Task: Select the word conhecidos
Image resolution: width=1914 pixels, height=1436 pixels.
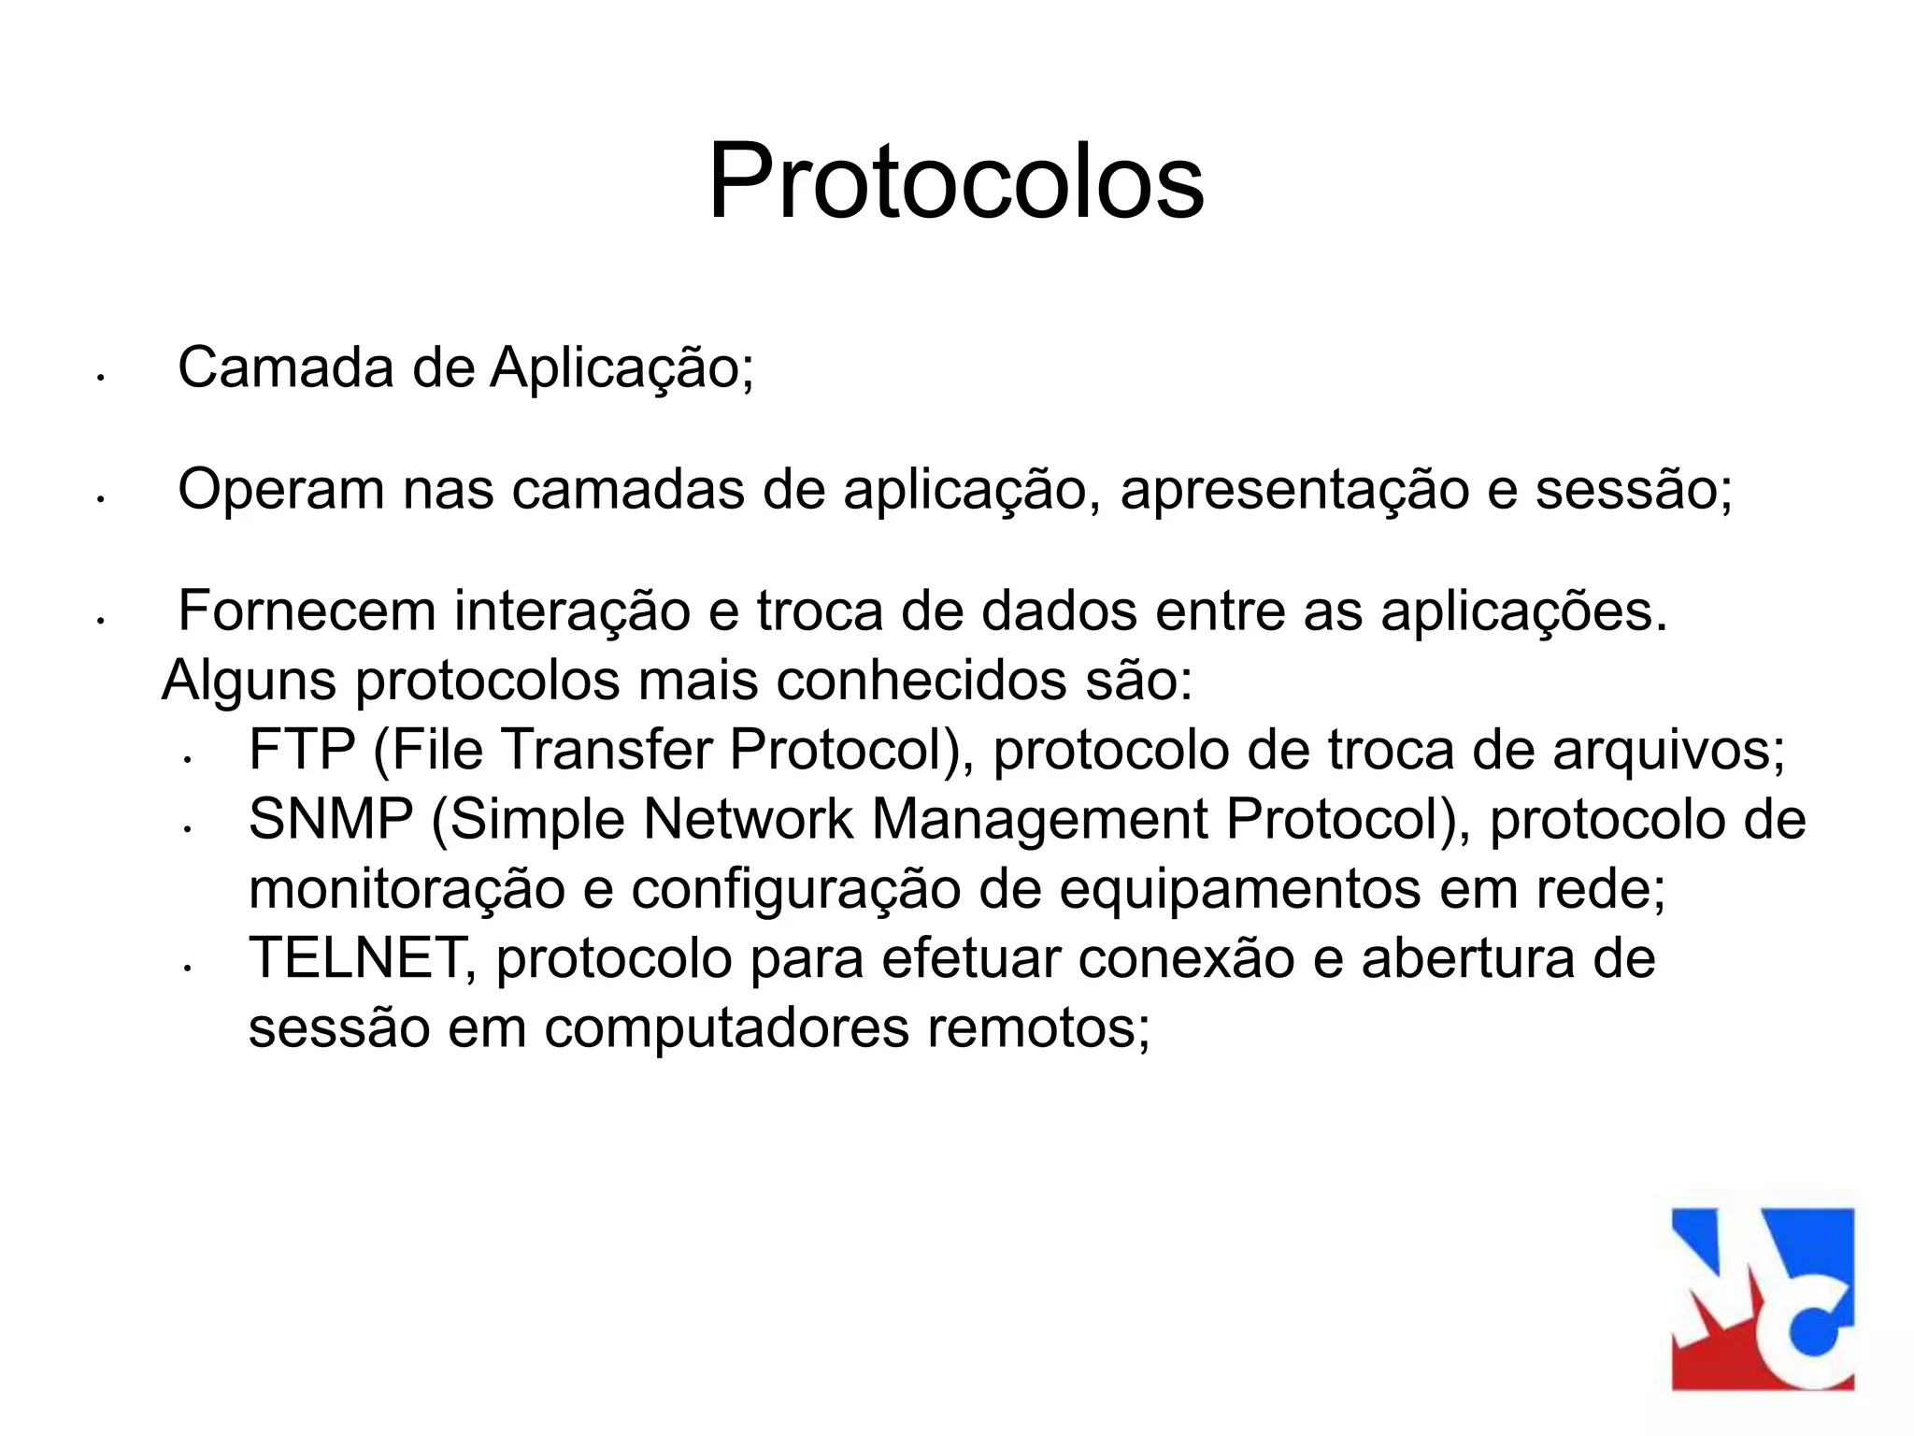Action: pyautogui.click(x=921, y=681)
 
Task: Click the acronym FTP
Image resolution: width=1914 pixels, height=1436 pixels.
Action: pyautogui.click(x=302, y=750)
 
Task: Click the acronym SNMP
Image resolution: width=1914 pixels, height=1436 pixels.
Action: pyautogui.click(x=331, y=820)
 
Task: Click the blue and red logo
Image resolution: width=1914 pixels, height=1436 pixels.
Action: pyautogui.click(x=1763, y=1299)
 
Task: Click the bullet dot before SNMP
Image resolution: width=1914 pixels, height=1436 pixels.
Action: pyautogui.click(x=188, y=828)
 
